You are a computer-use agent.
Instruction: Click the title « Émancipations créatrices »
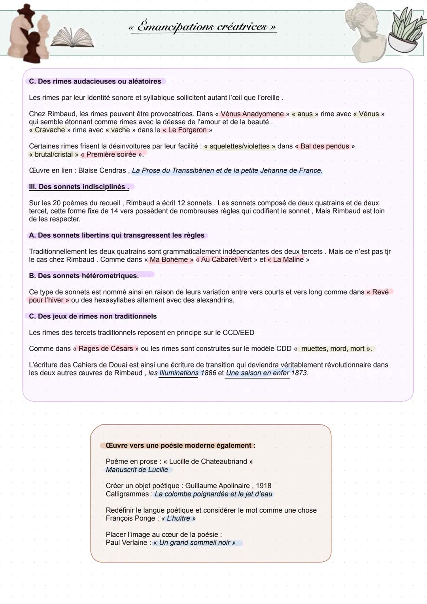tap(202, 27)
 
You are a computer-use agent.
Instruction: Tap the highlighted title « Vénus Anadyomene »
tap(252, 114)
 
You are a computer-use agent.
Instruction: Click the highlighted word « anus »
tap(305, 114)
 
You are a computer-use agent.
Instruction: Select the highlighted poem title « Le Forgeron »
tap(187, 130)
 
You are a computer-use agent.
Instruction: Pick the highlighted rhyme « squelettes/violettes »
tap(240, 146)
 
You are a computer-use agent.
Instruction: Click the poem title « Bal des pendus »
tap(325, 146)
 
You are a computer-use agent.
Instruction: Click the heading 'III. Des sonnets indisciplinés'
tap(79, 187)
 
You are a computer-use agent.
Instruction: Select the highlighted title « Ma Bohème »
tap(169, 259)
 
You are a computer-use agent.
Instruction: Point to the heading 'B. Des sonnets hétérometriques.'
tap(84, 276)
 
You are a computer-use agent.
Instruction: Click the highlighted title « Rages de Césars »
tap(106, 348)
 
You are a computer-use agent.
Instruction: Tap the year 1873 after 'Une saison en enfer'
tap(299, 373)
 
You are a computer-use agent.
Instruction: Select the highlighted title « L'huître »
tap(178, 518)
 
